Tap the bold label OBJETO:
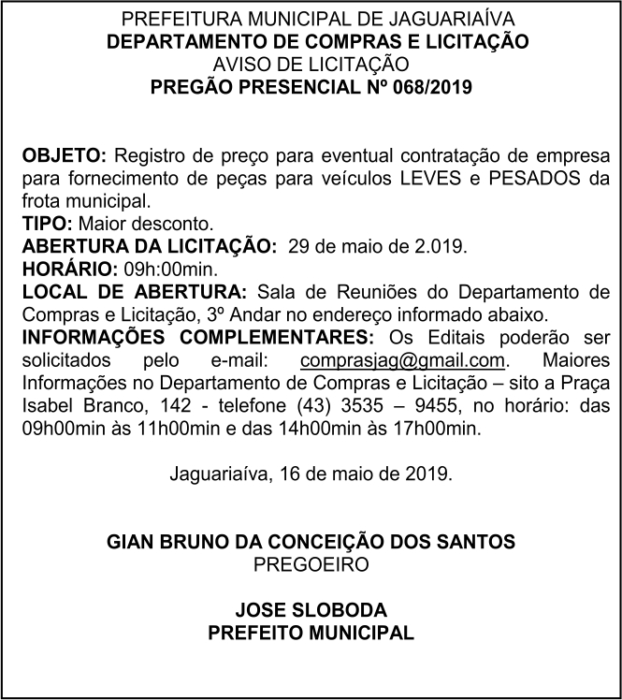coord(65,154)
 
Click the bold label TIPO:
coord(48,225)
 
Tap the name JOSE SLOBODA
coord(311,610)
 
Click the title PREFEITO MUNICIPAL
coord(311,634)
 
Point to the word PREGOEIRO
coord(311,564)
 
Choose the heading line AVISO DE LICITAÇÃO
coord(311,66)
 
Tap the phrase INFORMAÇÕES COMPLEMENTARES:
coord(197,338)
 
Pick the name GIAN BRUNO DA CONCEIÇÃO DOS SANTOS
coord(311,542)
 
